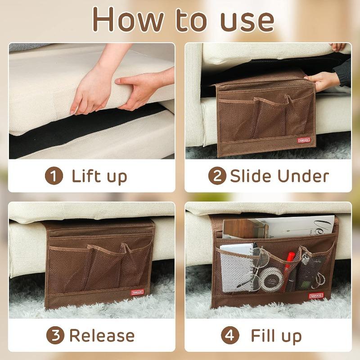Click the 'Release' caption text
click(101, 335)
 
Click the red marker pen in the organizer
click(290, 261)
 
